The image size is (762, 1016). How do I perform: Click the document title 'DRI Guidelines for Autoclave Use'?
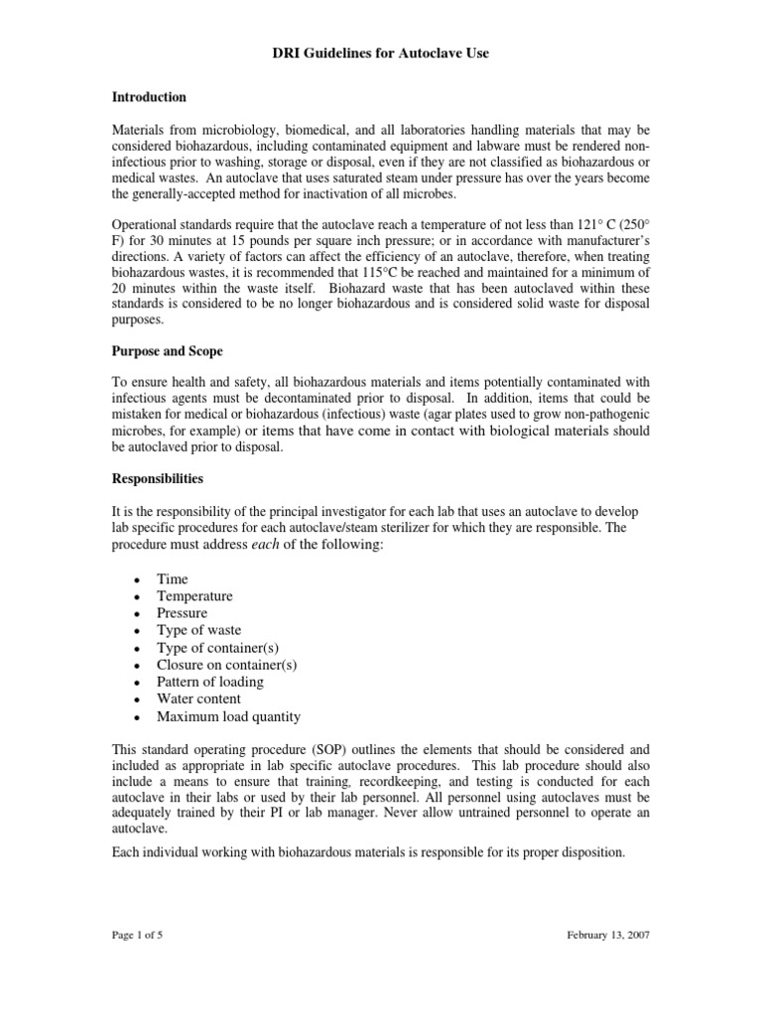(381, 54)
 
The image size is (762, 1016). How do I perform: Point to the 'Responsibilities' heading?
(157, 479)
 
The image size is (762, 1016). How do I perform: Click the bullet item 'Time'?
(172, 579)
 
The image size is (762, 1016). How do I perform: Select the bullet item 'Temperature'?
(194, 596)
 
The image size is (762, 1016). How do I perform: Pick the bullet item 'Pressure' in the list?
(183, 613)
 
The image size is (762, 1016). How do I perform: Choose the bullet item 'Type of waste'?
(198, 630)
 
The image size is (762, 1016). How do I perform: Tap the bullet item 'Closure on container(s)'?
(226, 665)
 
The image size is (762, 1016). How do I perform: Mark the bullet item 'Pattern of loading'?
(209, 682)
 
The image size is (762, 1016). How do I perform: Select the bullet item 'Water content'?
(198, 698)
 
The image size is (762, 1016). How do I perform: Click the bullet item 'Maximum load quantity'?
(228, 716)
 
